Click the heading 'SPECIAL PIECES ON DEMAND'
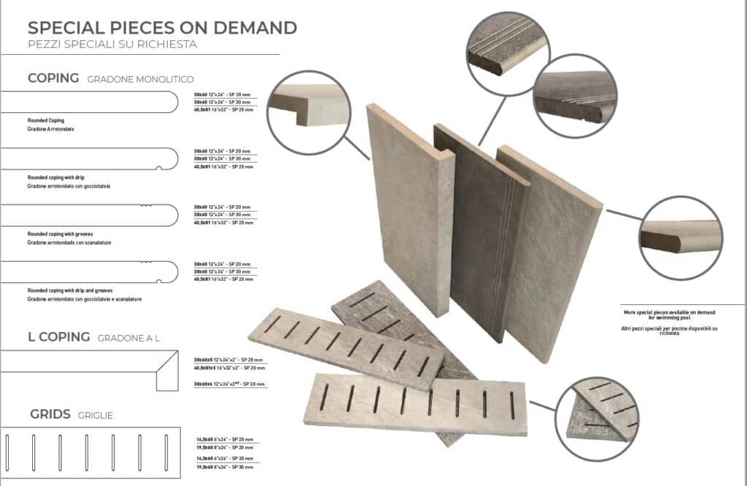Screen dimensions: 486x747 click(x=162, y=28)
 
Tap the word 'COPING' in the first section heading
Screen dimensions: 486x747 click(x=53, y=78)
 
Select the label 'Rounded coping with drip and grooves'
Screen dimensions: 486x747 click(x=74, y=290)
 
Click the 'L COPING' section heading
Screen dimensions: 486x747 click(x=58, y=336)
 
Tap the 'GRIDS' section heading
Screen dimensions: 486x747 click(x=50, y=414)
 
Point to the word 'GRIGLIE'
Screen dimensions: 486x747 click(x=95, y=415)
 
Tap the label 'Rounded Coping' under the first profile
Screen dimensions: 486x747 click(x=46, y=119)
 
